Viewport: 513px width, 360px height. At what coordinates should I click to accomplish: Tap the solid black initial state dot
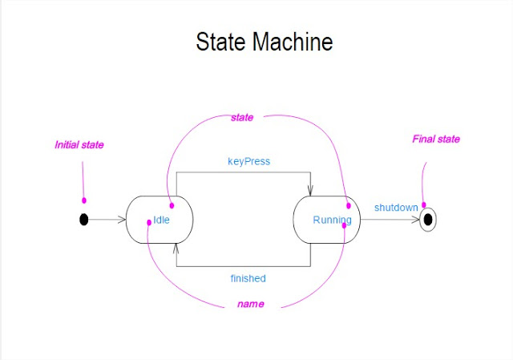coord(84,219)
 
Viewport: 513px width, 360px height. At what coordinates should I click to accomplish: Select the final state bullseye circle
coord(428,219)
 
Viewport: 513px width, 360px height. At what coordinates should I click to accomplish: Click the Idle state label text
coord(161,220)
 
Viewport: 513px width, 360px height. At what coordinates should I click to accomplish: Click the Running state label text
coord(331,220)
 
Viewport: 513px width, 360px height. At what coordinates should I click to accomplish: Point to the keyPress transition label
coord(249,161)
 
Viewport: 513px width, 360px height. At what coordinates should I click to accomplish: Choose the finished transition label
coord(248,278)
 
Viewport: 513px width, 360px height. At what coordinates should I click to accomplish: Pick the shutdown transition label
coord(396,208)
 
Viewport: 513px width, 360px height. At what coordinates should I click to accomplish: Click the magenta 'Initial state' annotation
coord(79,145)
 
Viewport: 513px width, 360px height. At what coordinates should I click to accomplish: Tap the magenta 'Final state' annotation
coord(436,139)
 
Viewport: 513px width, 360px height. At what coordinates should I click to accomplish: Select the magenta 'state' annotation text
coord(242,117)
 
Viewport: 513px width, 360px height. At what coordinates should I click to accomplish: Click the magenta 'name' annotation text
coord(251,304)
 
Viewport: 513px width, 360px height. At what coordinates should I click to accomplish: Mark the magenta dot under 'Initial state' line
coord(84,200)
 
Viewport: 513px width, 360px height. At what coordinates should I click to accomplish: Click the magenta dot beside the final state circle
coord(424,205)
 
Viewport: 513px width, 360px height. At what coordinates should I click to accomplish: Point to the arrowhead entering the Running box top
coord(310,191)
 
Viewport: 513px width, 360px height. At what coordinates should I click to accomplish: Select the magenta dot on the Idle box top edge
coord(171,205)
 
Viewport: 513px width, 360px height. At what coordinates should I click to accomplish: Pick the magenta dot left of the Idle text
coord(148,223)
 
